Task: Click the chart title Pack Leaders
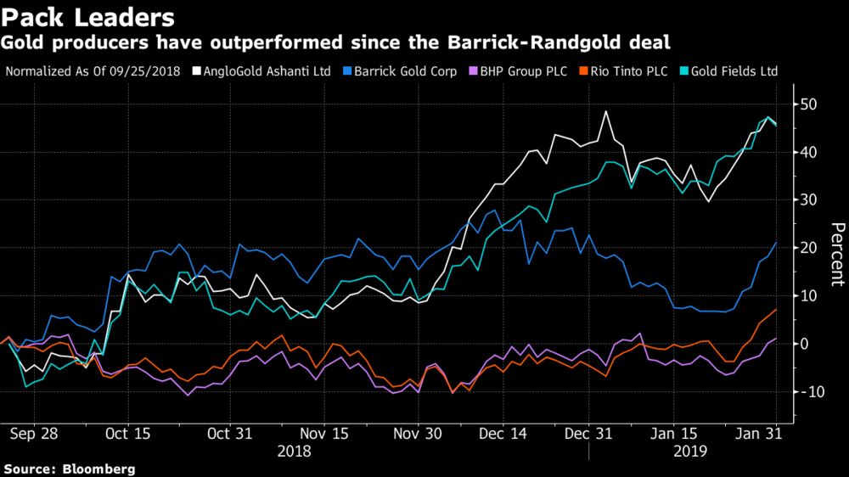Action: pos(88,17)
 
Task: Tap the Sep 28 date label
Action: pos(34,433)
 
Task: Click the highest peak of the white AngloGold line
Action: pos(605,111)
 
